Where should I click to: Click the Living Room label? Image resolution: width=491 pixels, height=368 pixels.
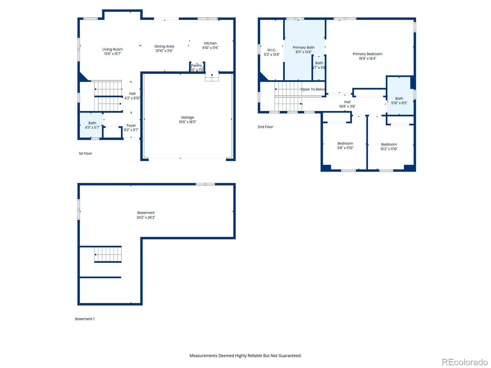(x=113, y=49)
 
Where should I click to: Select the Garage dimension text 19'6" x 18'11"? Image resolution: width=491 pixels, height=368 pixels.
(x=188, y=122)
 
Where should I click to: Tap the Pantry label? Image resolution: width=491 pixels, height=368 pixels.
(x=196, y=65)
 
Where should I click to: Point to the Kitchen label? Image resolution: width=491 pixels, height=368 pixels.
(x=210, y=43)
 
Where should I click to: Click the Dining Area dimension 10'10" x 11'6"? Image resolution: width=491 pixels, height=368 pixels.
(x=164, y=51)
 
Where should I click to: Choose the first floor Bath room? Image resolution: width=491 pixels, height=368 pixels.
(x=91, y=125)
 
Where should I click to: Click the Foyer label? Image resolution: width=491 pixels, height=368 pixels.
(x=131, y=125)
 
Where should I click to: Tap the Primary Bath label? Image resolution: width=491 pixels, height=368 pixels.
(x=303, y=48)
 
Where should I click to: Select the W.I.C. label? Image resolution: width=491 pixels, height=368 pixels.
(x=272, y=50)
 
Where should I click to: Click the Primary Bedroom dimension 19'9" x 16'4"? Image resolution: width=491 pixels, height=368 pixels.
(x=367, y=59)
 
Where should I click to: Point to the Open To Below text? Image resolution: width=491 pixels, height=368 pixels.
(x=313, y=89)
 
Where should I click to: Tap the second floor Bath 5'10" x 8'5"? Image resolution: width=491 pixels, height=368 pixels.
(x=399, y=101)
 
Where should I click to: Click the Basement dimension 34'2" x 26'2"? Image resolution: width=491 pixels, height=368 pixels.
(x=146, y=217)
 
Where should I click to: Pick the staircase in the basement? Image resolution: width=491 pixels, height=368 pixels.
(x=108, y=254)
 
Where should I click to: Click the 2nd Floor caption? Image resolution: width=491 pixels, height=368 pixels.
(x=265, y=127)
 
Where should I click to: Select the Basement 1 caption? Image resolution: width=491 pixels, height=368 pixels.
(x=85, y=319)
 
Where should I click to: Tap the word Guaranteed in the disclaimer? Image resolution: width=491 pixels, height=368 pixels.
(x=289, y=356)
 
